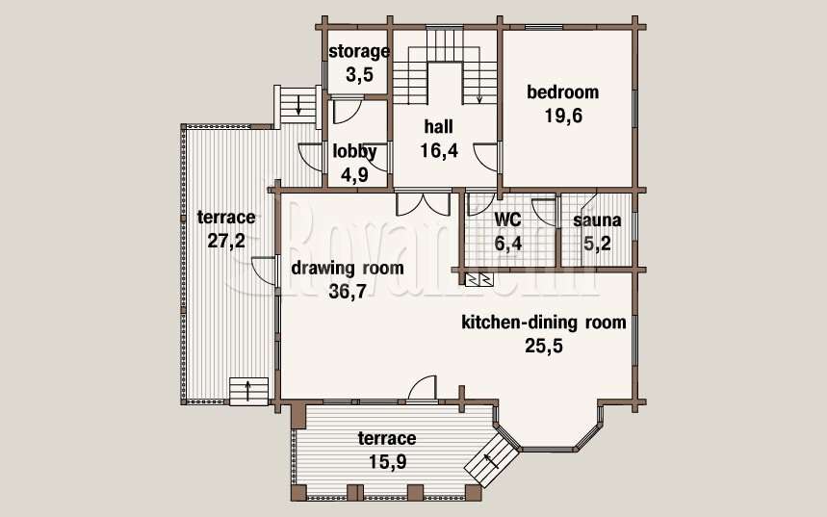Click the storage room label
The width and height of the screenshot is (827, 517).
coord(359,52)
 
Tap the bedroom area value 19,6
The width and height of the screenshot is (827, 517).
coord(563,116)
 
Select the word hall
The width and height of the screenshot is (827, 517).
coord(439,127)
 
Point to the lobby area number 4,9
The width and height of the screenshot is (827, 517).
coord(354,174)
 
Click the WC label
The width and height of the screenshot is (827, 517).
coord(507,219)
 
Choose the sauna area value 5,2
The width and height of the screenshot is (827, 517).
coord(597,244)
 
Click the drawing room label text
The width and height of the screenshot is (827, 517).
coord(348,268)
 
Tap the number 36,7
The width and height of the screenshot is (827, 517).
coord(348,291)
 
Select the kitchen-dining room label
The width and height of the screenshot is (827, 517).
coord(544,323)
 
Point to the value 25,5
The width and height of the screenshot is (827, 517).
coord(544,346)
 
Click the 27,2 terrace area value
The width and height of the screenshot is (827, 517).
coord(226,241)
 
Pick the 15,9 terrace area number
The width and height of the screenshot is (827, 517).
coord(388,462)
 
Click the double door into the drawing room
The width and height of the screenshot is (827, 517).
coord(423,202)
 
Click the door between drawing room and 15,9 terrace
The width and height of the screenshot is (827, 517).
coord(423,389)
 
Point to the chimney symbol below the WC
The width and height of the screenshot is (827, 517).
coord(478,279)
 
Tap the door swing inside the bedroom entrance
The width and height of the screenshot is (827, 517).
coord(486,157)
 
